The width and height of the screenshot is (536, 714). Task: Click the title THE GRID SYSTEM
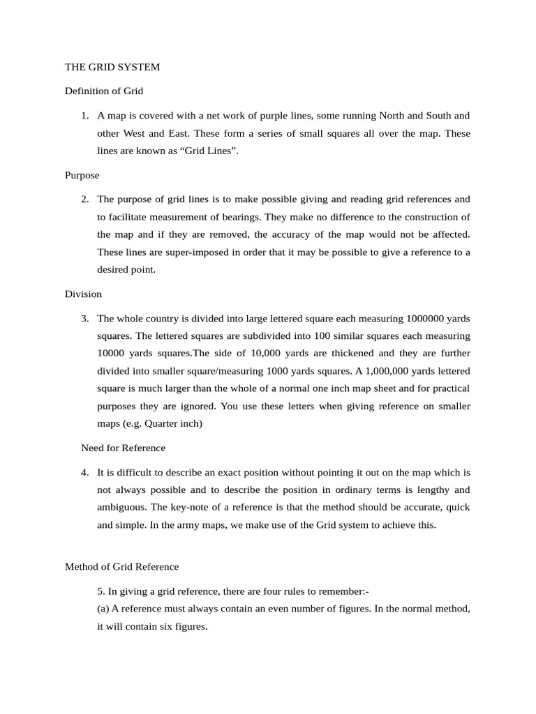pos(112,67)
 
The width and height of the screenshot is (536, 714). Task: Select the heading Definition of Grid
pos(104,91)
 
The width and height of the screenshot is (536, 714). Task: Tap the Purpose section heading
pos(82,175)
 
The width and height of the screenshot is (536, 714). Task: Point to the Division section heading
pos(83,294)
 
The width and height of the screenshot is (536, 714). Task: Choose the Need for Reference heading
pos(124,448)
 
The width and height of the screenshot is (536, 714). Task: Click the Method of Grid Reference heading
pos(121,566)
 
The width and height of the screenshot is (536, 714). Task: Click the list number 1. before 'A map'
pos(85,115)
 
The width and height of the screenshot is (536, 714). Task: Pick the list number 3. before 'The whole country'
pos(85,318)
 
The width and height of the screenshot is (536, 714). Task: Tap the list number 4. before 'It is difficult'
pos(85,472)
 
